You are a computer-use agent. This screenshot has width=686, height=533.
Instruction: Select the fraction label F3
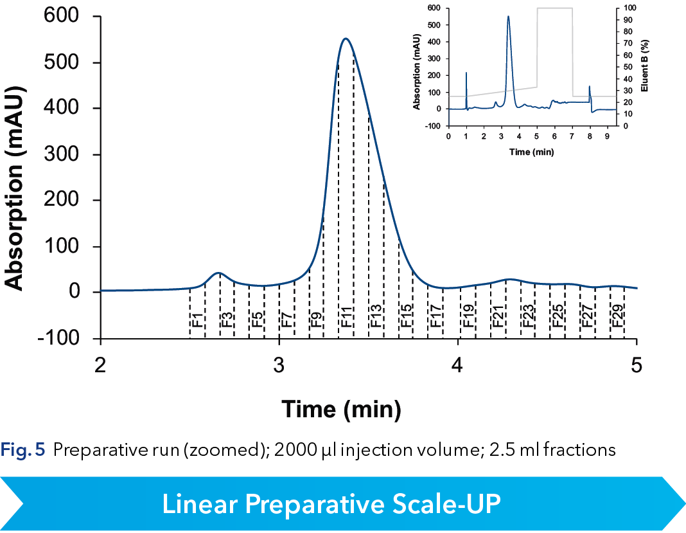pos(227,318)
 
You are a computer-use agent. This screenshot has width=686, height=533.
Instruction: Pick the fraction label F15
pos(407,318)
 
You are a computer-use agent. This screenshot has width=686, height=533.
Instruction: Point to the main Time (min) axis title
pos(342,409)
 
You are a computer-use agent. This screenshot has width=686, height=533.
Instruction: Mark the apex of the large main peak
pos(346,39)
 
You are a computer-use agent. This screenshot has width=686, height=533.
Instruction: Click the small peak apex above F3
pos(219,273)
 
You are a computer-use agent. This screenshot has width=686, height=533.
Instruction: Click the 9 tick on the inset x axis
pos(607,136)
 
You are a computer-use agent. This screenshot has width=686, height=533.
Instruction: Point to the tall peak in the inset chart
pos(508,17)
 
